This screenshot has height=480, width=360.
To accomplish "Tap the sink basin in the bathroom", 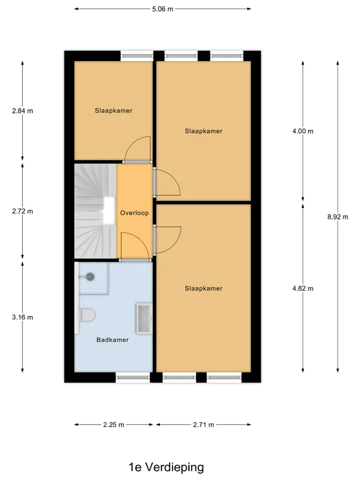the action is tap(144, 318).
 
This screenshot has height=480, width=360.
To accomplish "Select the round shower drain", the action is tap(90, 276).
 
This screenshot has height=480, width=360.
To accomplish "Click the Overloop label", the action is tap(134, 213).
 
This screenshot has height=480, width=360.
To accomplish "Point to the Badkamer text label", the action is tap(112, 339).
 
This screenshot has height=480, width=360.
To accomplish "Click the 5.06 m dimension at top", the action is tap(162, 9).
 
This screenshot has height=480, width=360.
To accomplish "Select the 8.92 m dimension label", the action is tap(337, 216).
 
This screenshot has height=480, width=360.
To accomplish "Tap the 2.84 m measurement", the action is tap(22, 111).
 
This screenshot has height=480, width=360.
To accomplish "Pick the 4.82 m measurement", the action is tap(303, 288).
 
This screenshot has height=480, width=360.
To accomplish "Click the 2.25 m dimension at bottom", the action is tap(113, 424).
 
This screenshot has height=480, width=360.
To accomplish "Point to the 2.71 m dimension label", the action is tap(203, 424).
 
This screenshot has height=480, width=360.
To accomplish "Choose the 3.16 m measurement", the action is tap(22, 317).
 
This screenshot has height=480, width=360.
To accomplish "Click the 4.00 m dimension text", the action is tap(303, 131).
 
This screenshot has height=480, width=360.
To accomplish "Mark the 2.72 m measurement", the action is tap(22, 211).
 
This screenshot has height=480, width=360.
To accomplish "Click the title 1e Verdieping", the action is tap(166, 467).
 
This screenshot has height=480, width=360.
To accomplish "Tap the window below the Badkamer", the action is tap(133, 377).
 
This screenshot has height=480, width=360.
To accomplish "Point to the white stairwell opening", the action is tap(108, 210).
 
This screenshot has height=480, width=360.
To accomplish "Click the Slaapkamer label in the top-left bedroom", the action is tap(113, 110).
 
